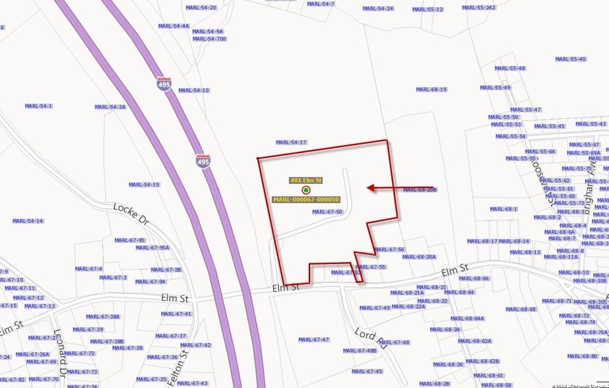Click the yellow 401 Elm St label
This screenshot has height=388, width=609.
click(305, 180)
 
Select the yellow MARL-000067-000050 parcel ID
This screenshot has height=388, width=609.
click(305, 199)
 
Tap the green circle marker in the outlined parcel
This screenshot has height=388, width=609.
click(306, 190)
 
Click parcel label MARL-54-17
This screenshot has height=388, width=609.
click(291, 143)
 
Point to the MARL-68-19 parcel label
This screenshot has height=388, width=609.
click(431, 89)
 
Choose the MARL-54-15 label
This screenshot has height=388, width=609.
click(144, 185)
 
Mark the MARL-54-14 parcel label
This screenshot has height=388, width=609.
click(28, 221)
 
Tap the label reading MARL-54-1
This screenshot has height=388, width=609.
click(38, 106)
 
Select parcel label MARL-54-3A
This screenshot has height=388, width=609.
click(110, 107)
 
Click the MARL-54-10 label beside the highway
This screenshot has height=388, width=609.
click(193, 90)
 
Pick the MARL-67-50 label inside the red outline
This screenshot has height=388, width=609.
click(327, 212)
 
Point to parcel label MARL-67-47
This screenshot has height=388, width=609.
click(313, 340)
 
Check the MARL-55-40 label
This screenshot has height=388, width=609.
click(570, 59)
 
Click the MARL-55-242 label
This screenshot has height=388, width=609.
click(478, 8)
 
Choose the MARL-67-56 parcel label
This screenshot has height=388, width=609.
click(389, 249)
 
